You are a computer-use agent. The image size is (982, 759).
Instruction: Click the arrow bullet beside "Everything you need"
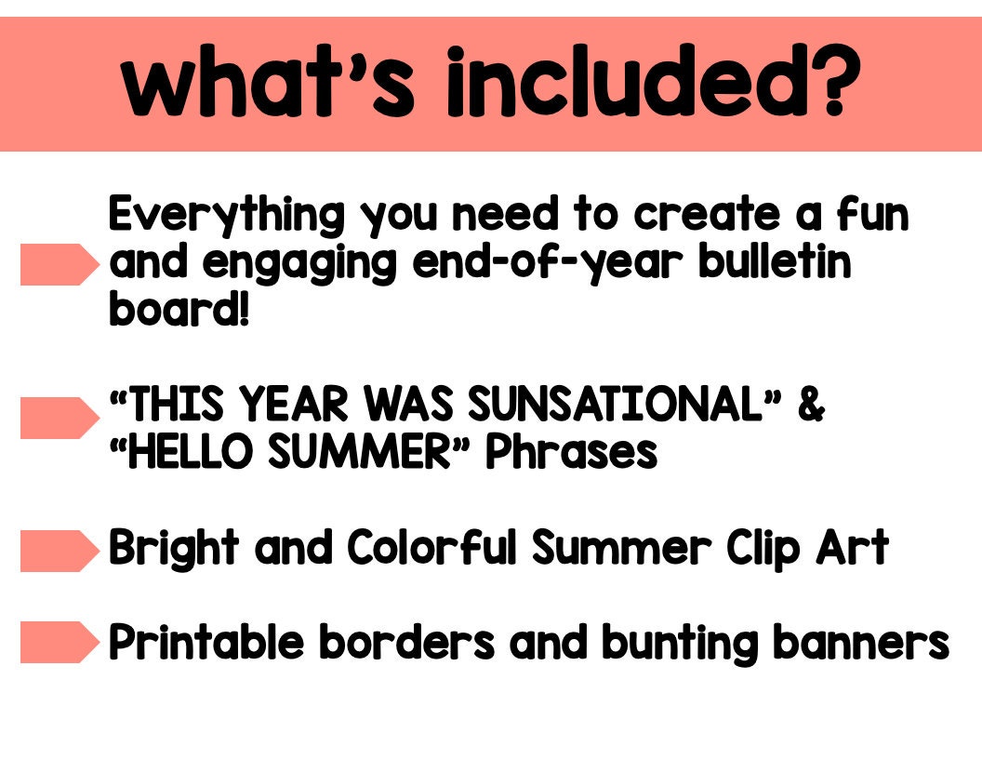pyautogui.click(x=59, y=264)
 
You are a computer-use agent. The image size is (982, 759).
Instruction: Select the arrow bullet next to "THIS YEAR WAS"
pyautogui.click(x=59, y=418)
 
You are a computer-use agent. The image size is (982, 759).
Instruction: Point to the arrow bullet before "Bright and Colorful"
pyautogui.click(x=59, y=551)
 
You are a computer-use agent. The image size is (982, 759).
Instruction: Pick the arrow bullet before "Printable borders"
pyautogui.click(x=59, y=643)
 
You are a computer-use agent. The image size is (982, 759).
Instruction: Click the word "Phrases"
pyautogui.click(x=573, y=453)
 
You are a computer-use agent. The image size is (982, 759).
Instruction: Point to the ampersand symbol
pyautogui.click(x=810, y=406)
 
